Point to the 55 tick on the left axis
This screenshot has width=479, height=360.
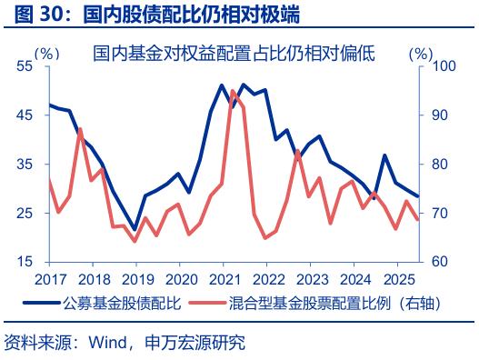(24, 66)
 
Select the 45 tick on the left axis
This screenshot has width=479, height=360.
(24, 115)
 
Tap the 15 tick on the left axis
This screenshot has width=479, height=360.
(24, 262)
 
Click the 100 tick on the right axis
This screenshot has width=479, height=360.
(443, 66)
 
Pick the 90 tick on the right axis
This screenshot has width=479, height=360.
(439, 115)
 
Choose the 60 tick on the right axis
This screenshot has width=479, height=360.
(439, 262)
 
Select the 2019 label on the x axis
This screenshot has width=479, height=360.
(135, 278)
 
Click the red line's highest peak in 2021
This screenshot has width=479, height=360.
(233, 91)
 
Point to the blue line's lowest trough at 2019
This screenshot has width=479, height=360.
(135, 230)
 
